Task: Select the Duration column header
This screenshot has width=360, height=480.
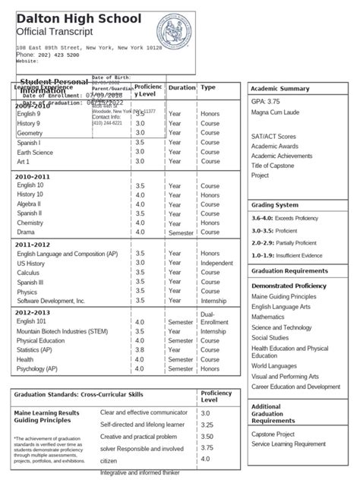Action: coord(182,88)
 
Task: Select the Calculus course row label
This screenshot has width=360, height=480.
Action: coord(28,273)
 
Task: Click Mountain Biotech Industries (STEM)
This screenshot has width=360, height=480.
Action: coord(62,331)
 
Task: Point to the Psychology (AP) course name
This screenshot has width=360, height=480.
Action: coord(36,369)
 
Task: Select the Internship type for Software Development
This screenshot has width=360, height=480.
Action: coord(213,302)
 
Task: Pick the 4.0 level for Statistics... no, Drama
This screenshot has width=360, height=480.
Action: coord(140,233)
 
